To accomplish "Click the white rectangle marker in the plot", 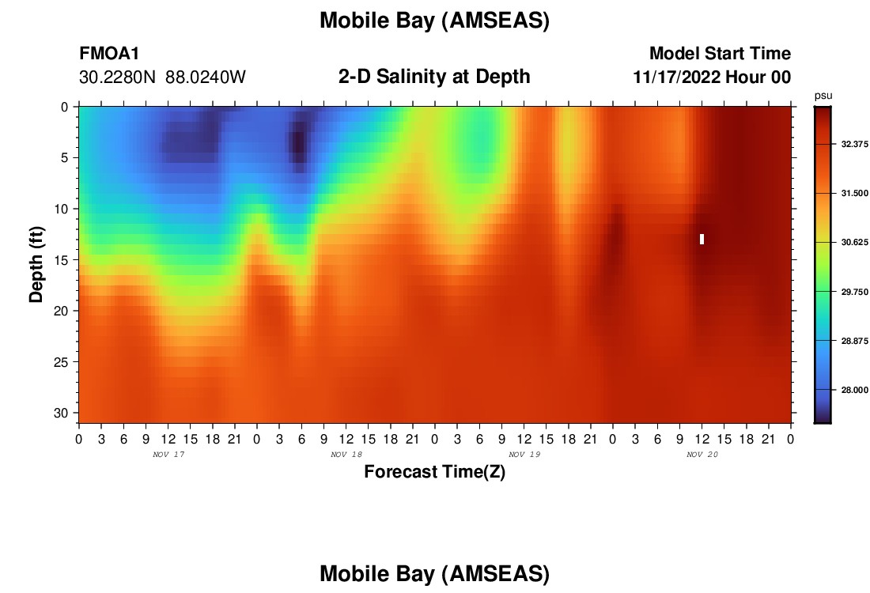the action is click(x=702, y=239).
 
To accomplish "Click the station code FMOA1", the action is click(x=109, y=54).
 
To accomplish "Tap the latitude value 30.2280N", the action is click(x=117, y=77).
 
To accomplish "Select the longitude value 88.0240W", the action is click(x=206, y=77).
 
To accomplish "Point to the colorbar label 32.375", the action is click(x=854, y=144).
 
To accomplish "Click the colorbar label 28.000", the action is click(x=854, y=390).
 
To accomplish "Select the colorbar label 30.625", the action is click(x=854, y=243).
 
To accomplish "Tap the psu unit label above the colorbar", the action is click(x=823, y=96).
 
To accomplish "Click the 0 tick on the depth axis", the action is click(x=65, y=107).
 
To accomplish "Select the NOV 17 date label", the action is click(x=168, y=455).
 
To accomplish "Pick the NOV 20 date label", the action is click(x=702, y=455).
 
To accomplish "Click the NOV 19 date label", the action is click(x=524, y=455).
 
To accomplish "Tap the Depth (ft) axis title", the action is click(x=36, y=265).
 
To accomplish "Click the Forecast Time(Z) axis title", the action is click(x=434, y=472).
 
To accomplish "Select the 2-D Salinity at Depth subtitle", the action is click(x=434, y=77).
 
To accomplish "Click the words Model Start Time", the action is click(x=721, y=54).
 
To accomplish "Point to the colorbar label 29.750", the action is click(x=854, y=292).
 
